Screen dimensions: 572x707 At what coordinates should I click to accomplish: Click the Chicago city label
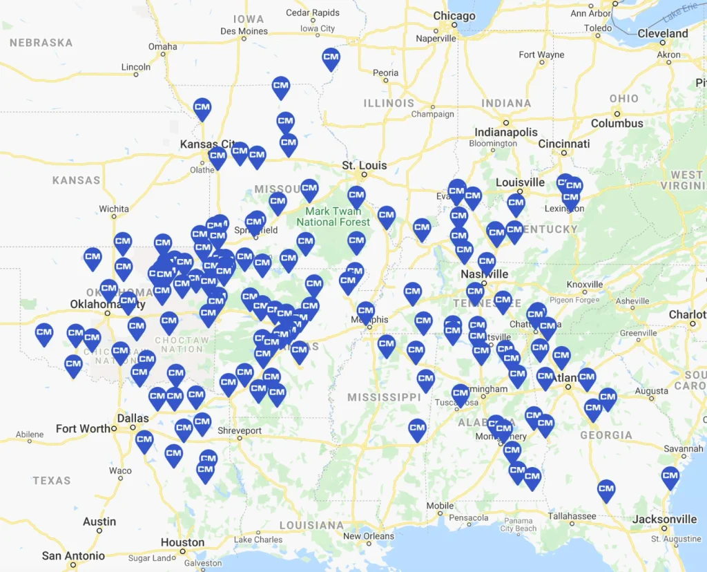(x=454, y=16)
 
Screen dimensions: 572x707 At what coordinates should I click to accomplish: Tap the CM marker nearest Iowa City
(x=331, y=58)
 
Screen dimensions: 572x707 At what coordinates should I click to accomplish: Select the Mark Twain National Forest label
(x=333, y=216)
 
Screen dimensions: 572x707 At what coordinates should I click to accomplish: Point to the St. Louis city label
(x=365, y=166)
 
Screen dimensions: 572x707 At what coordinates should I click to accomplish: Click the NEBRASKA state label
(x=41, y=42)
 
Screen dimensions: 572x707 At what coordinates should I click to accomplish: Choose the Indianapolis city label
(x=505, y=132)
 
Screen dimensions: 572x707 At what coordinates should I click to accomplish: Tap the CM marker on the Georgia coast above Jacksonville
(x=670, y=477)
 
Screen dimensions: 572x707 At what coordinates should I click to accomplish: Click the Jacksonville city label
(x=665, y=519)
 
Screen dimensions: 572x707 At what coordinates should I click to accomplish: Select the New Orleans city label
(x=369, y=536)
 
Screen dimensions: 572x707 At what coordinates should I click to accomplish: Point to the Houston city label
(x=182, y=542)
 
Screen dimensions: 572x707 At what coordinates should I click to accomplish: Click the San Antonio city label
(x=73, y=556)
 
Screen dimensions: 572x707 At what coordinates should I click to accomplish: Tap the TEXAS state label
(x=52, y=480)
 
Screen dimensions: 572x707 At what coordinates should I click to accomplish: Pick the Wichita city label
(x=113, y=209)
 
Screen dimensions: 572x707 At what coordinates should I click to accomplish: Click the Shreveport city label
(x=240, y=430)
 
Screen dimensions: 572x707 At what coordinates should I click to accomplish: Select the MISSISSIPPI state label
(x=384, y=397)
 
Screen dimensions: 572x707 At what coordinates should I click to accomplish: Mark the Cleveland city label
(x=663, y=33)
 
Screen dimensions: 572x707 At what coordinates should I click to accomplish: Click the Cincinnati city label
(x=564, y=144)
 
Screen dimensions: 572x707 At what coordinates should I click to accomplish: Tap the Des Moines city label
(x=244, y=31)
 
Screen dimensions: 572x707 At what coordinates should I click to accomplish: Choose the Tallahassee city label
(x=572, y=516)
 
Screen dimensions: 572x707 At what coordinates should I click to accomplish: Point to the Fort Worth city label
(x=84, y=428)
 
